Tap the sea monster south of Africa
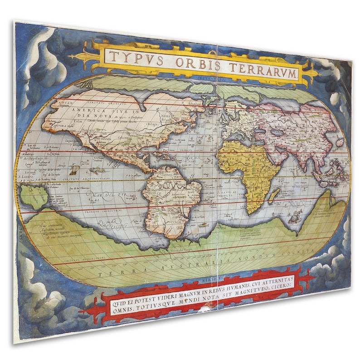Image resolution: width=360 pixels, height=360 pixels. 295,218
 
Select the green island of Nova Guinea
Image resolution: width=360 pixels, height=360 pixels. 34,195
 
